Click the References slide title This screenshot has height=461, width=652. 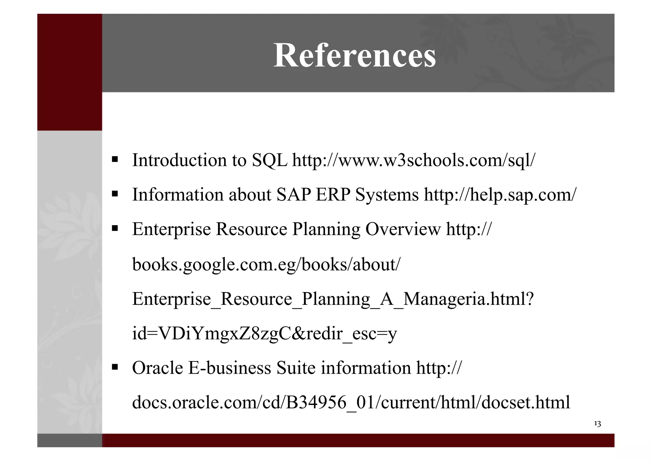pos(354,55)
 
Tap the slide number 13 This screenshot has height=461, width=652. pos(597,424)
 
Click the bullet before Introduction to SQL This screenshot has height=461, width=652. pos(115,159)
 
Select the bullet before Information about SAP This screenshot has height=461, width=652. pos(115,193)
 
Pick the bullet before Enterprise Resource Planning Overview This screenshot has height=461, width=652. pos(115,228)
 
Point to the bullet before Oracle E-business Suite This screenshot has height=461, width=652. pos(115,367)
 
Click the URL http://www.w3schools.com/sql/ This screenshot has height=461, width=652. pos(414,160)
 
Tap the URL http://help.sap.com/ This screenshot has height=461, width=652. pos(500,195)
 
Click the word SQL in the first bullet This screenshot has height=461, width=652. pos(269,160)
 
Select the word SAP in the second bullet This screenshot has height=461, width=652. pos(293,195)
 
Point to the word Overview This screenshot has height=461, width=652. pos(403,229)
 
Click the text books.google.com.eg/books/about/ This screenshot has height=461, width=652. pos(266,264)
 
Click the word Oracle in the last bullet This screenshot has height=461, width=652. pos(157,368)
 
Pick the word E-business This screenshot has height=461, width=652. pos(230,368)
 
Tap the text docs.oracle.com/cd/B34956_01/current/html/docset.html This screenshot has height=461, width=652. pos(351,402)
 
